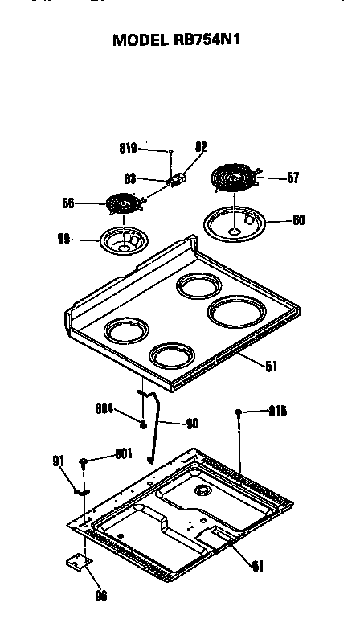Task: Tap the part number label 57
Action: tap(292, 178)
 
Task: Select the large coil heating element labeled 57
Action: tap(235, 178)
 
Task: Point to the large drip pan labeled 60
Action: tap(235, 223)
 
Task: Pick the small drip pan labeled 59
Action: tap(123, 240)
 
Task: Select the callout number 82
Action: tap(201, 147)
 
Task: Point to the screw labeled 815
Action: tap(239, 412)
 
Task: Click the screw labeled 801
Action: tap(84, 462)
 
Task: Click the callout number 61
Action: tap(257, 565)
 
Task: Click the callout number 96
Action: tap(101, 596)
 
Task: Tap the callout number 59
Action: tap(64, 239)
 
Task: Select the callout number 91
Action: tap(58, 461)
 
